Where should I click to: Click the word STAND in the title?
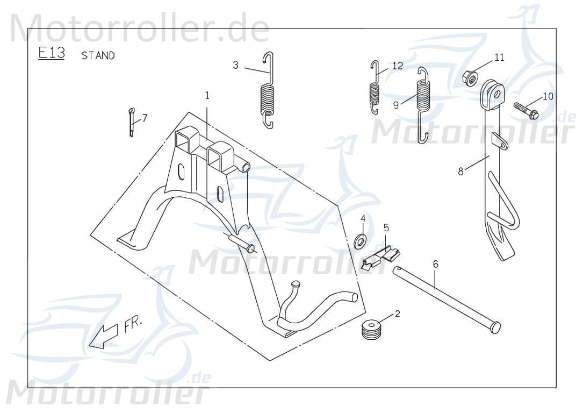(x=98, y=55)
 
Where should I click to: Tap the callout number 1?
(x=207, y=95)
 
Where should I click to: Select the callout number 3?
(x=235, y=65)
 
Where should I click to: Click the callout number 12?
(x=397, y=66)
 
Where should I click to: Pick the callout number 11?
(x=499, y=57)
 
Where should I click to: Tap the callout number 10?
(x=548, y=96)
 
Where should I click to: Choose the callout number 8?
(x=460, y=171)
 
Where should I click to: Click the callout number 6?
(x=435, y=264)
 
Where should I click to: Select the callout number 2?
(x=397, y=314)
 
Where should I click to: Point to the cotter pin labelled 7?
(x=131, y=122)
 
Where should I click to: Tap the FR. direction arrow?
(x=105, y=336)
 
